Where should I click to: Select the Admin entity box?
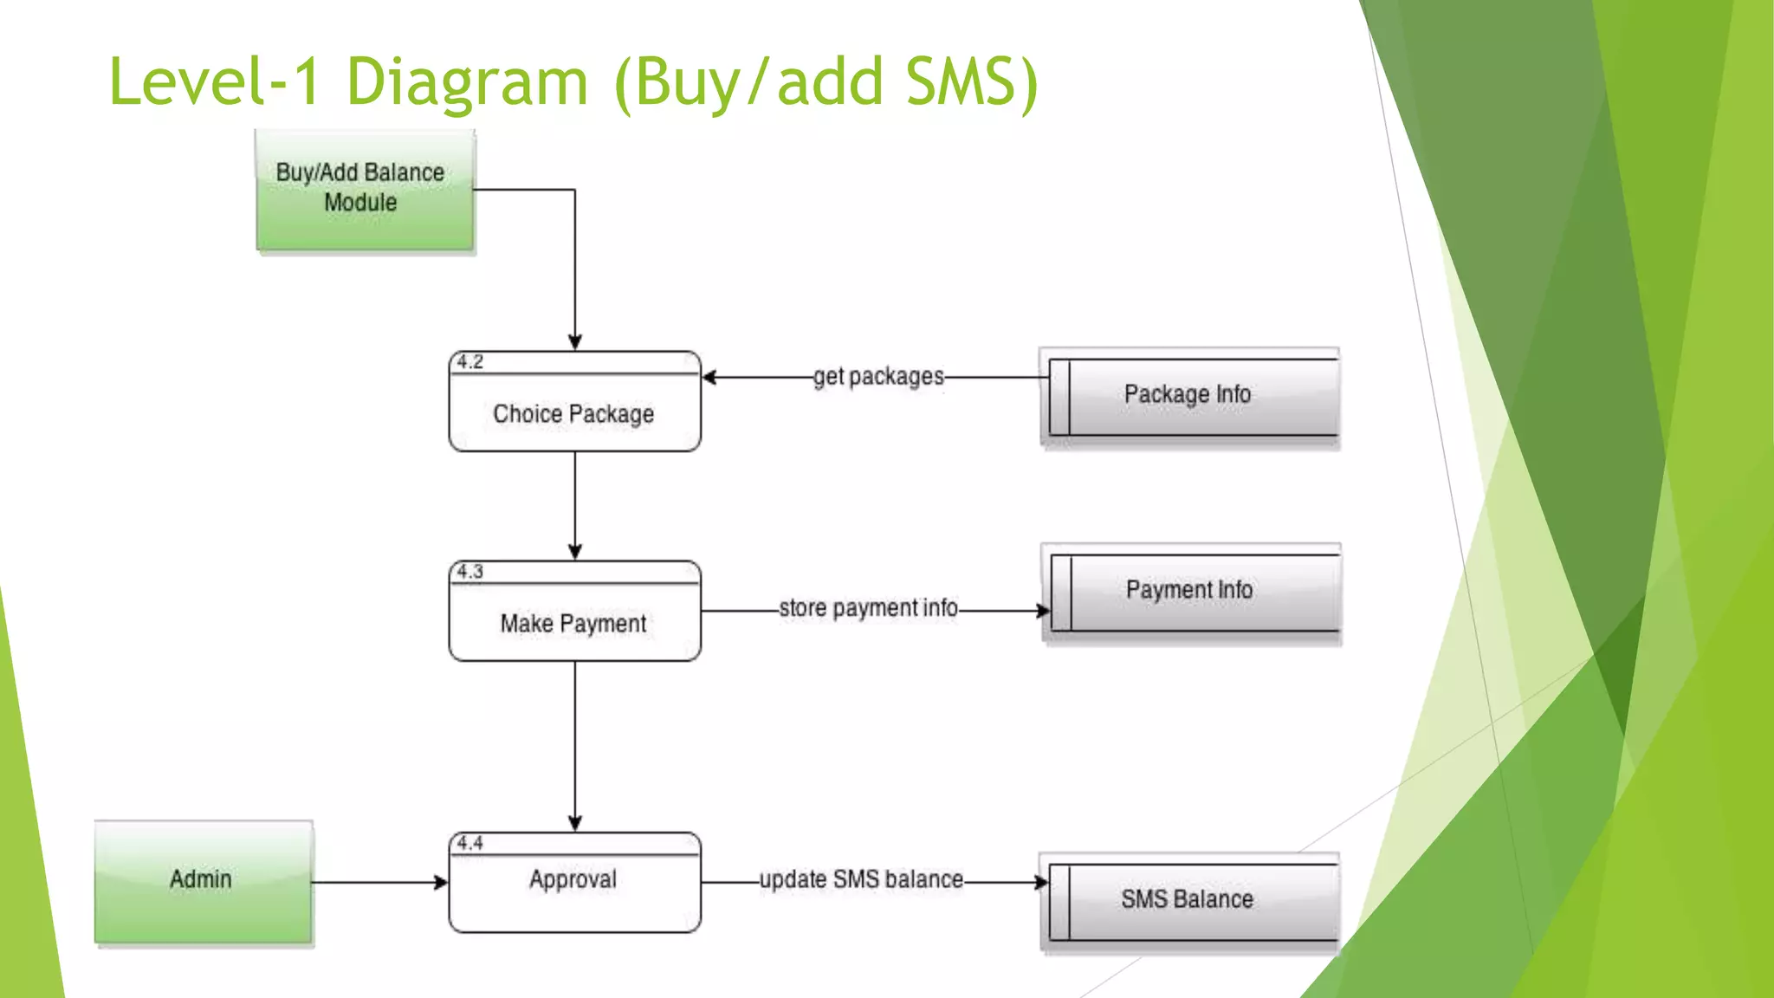pos(203,881)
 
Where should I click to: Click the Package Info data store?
pos(1189,396)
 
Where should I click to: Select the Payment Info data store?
pos(1191,592)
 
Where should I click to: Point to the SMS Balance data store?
pos(1189,901)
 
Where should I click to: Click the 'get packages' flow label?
pos(877,377)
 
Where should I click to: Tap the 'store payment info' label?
pos(868,608)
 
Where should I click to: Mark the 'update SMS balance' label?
pos(861,880)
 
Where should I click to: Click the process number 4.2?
pos(469,362)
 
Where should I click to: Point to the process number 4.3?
pos(469,572)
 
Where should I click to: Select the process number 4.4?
pos(469,844)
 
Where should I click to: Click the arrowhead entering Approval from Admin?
pos(441,883)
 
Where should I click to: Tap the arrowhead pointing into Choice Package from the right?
pos(709,378)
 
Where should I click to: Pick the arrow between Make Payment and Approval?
pos(575,745)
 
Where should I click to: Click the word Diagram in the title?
pos(467,82)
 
